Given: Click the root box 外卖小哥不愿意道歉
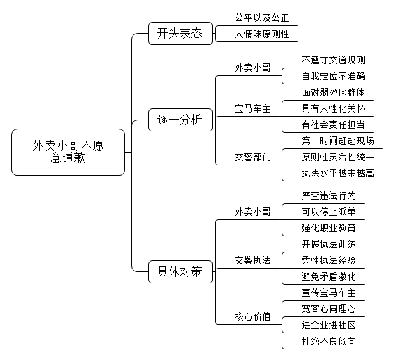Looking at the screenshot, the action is click(68, 152).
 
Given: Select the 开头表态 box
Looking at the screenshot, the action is click(180, 34).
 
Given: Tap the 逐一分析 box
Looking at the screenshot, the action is click(180, 120).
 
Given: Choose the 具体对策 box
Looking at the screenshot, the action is click(180, 271).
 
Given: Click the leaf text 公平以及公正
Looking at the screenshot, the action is click(262, 18).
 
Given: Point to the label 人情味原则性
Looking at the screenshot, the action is click(262, 34).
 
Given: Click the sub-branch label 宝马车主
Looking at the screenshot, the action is click(253, 109).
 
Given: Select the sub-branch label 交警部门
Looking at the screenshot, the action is click(253, 157).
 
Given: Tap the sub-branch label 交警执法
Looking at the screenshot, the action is click(253, 260).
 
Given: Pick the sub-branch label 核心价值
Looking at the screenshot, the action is click(253, 316).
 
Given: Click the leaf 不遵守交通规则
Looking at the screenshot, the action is click(333, 60).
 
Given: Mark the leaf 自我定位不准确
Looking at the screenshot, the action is click(333, 76).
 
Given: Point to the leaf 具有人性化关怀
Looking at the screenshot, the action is click(333, 108).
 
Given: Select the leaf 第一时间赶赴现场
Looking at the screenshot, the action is click(338, 141).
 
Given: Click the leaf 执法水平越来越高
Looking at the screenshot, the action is click(338, 173).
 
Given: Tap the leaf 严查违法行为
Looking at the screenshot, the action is click(329, 195).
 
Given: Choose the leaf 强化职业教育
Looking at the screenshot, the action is click(329, 228).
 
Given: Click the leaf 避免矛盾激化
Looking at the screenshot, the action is click(329, 276).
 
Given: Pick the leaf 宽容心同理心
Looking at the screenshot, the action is click(329, 309).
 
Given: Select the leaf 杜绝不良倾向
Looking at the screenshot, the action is click(329, 341).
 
